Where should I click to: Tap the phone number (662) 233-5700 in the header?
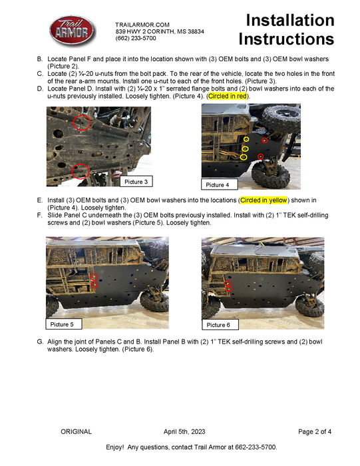click(136, 39)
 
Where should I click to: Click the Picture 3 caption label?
click(136, 181)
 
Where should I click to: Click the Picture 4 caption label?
click(217, 184)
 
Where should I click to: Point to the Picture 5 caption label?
click(66, 324)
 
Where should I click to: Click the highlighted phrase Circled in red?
click(227, 97)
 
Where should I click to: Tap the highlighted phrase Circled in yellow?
click(263, 200)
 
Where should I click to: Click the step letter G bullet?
click(39, 342)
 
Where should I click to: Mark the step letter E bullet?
click(39, 200)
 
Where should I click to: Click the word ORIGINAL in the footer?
click(76, 431)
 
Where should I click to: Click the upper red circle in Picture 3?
click(81, 121)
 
